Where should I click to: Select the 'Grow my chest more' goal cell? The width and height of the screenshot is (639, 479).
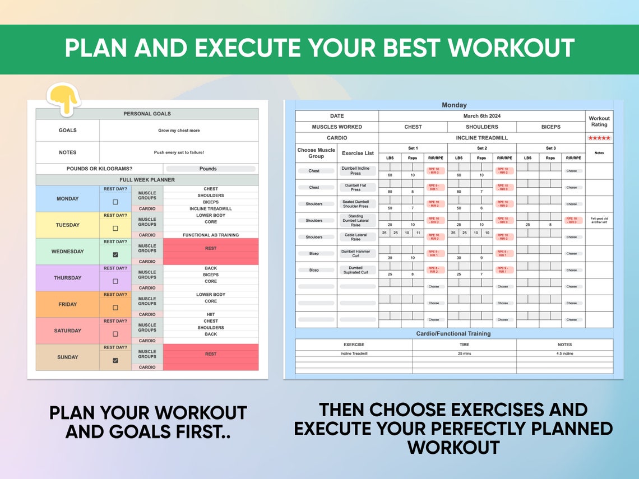pos(179,131)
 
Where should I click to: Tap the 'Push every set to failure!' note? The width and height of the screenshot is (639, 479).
pos(179,152)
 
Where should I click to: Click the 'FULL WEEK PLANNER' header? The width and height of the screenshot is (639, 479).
pos(147,180)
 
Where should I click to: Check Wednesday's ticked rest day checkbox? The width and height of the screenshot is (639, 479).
pos(115,254)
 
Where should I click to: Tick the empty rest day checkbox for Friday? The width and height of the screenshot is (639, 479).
pos(115,308)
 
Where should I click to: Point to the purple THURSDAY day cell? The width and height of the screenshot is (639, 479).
pos(67,278)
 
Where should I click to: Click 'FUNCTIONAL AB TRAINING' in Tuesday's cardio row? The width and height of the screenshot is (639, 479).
pos(211,235)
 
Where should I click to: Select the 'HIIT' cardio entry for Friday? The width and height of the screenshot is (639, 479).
pos(211,314)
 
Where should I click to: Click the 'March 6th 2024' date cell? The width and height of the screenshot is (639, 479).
pos(481,116)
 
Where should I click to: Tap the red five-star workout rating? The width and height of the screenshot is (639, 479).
pos(599,138)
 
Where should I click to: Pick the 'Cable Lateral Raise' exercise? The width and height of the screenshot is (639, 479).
pos(356,237)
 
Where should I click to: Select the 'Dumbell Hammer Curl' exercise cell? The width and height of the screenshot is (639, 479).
pos(356,253)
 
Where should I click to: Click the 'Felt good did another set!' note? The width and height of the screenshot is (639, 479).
pos(599,221)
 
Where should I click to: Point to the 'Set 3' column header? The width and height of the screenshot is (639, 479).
pos(550,148)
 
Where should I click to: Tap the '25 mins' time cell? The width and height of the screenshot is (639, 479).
pos(464,354)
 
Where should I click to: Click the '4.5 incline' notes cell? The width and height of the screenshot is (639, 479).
pos(564,354)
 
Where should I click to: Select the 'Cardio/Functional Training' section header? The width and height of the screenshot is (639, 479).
pos(453,333)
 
